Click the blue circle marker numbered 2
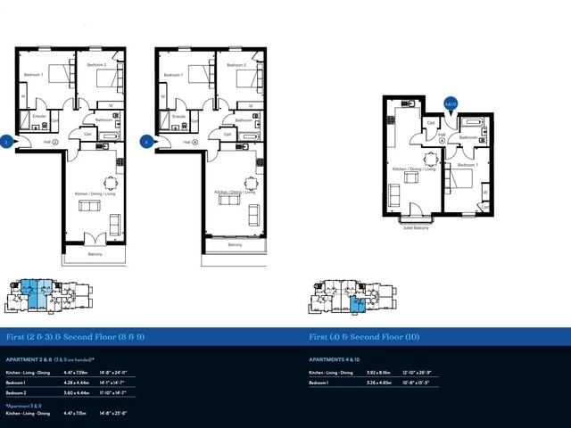coord(7,141)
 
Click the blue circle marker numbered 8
coord(145,141)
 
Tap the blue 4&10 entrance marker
coord(451,104)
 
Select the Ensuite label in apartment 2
coord(39,116)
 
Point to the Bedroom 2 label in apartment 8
coord(235,65)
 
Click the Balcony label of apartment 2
coord(95,255)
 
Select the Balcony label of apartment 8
coord(235,243)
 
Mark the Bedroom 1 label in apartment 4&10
coord(468,165)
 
